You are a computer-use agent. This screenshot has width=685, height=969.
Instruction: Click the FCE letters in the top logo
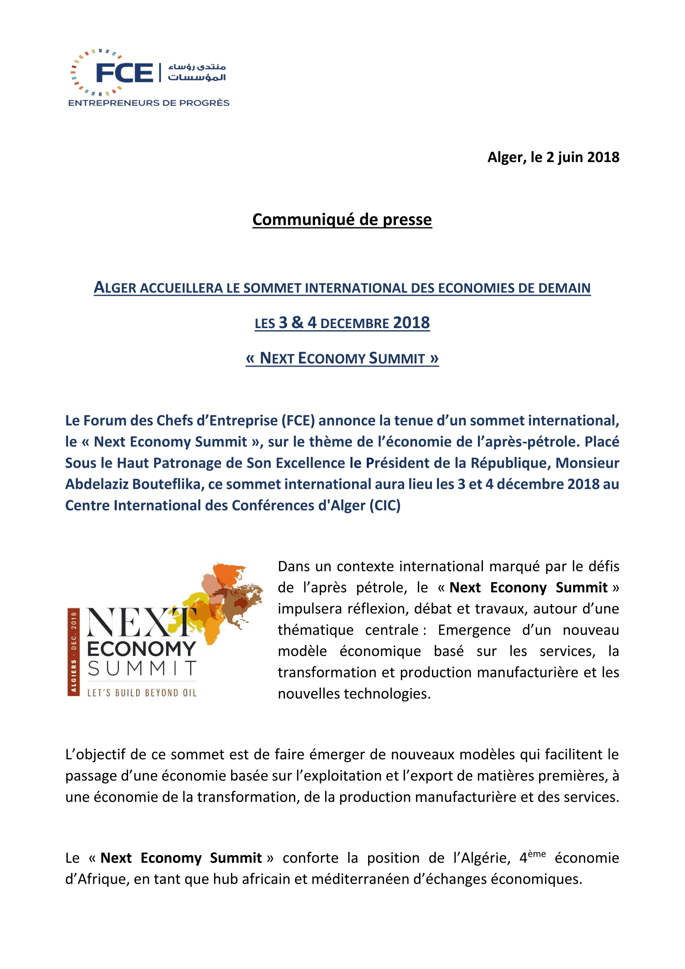click(x=124, y=73)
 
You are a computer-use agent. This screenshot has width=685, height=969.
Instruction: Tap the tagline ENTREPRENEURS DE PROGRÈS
click(x=149, y=103)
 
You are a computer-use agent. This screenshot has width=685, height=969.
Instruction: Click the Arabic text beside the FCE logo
click(x=197, y=72)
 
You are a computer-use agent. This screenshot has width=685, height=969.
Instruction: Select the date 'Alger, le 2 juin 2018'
click(x=553, y=157)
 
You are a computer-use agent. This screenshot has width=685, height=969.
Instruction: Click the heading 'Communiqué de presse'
click(x=342, y=220)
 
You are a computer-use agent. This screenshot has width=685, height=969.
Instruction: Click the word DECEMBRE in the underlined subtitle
click(x=355, y=324)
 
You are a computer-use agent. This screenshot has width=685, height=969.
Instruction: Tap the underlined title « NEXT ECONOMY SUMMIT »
click(x=342, y=358)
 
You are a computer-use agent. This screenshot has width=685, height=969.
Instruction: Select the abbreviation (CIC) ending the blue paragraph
click(x=385, y=505)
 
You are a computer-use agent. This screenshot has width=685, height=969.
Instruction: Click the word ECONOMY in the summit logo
click(x=141, y=649)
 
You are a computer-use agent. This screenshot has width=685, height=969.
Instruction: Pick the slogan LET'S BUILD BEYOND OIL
click(x=142, y=693)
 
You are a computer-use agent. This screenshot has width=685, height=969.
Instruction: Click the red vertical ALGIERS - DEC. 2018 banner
click(x=73, y=652)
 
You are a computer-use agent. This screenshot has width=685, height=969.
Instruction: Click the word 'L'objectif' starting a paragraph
click(x=95, y=754)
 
